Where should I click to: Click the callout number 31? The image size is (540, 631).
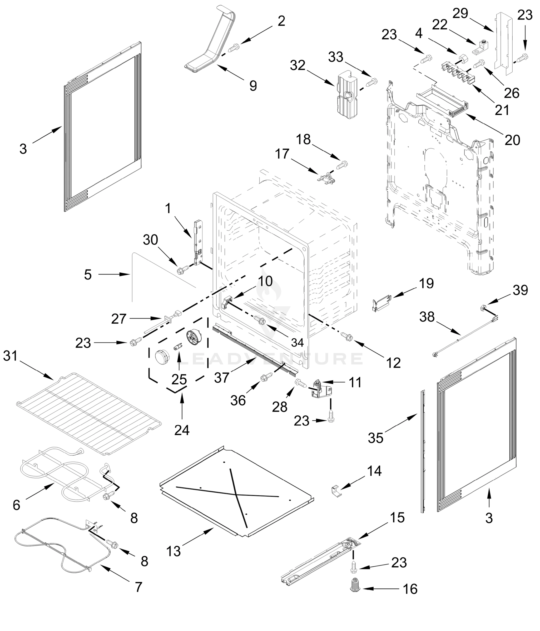[x=10, y=355]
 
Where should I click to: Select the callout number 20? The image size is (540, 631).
[x=512, y=140]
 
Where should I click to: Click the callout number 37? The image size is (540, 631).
[x=221, y=378]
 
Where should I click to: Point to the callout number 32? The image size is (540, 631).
[x=298, y=65]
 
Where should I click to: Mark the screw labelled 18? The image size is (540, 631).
[x=342, y=165]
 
